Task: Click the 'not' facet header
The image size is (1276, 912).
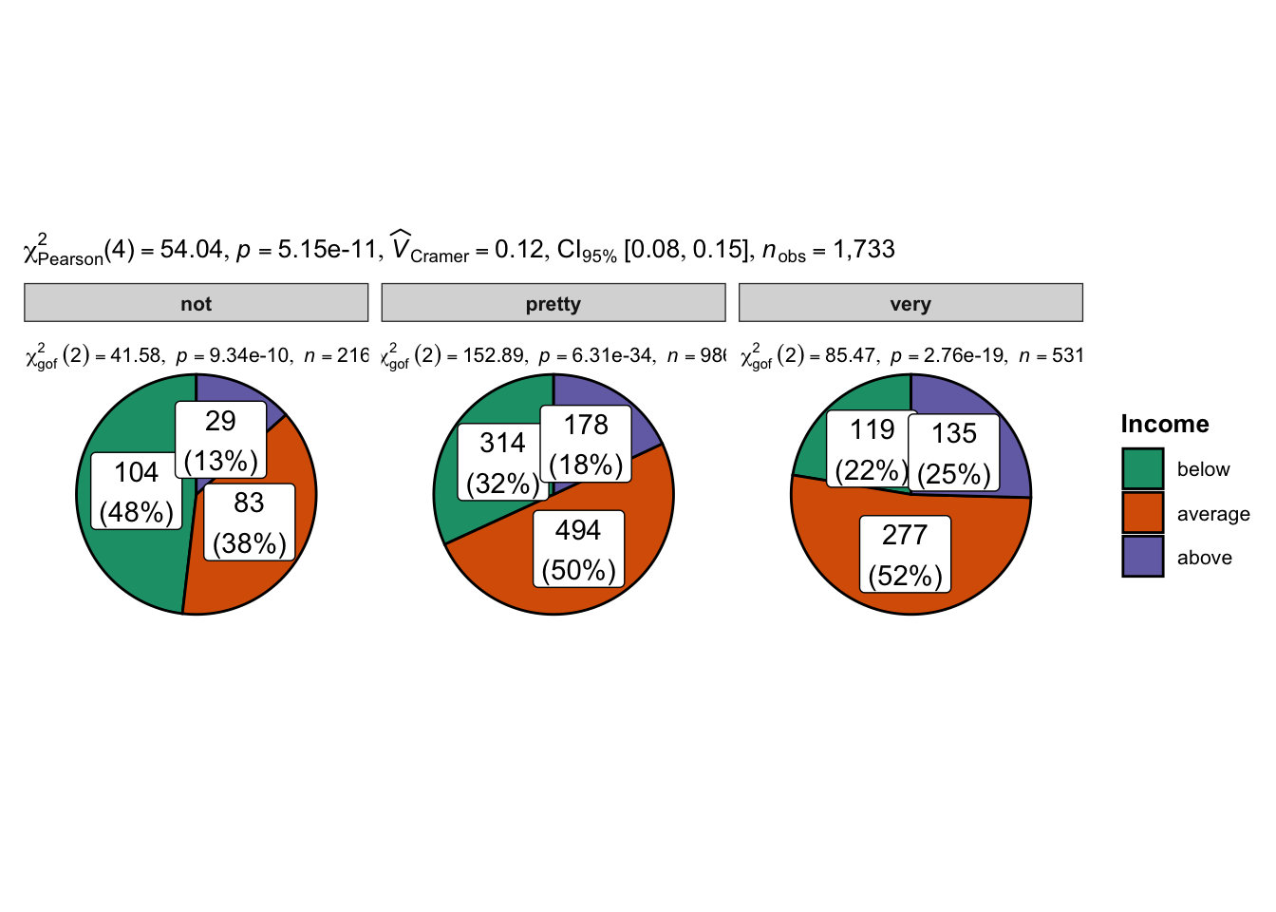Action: point(196,303)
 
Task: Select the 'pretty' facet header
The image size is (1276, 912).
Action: point(553,303)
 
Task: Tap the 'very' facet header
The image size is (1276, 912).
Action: point(910,303)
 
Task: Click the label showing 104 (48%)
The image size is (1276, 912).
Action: point(137,491)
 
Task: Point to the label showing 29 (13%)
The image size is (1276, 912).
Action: point(220,440)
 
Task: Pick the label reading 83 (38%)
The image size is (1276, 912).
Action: point(249,522)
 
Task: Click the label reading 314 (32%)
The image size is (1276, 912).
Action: point(502,463)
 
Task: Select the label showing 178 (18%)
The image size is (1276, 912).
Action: point(586,444)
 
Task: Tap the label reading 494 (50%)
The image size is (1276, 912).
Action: point(578,549)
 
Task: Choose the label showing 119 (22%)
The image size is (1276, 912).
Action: point(872,449)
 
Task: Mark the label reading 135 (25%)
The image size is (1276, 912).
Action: point(953,453)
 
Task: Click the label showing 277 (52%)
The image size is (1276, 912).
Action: point(905,554)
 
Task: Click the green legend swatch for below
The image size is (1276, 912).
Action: point(1142,469)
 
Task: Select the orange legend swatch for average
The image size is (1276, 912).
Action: point(1142,513)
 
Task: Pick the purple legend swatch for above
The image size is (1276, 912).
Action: point(1142,557)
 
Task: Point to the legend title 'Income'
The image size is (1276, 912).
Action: point(1164,424)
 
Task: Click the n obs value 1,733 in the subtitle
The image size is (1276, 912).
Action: point(864,250)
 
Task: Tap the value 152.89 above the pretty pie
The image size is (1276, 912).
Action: point(492,356)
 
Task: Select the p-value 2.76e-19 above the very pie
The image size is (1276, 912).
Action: point(965,356)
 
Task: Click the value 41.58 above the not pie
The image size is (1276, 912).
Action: point(136,356)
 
